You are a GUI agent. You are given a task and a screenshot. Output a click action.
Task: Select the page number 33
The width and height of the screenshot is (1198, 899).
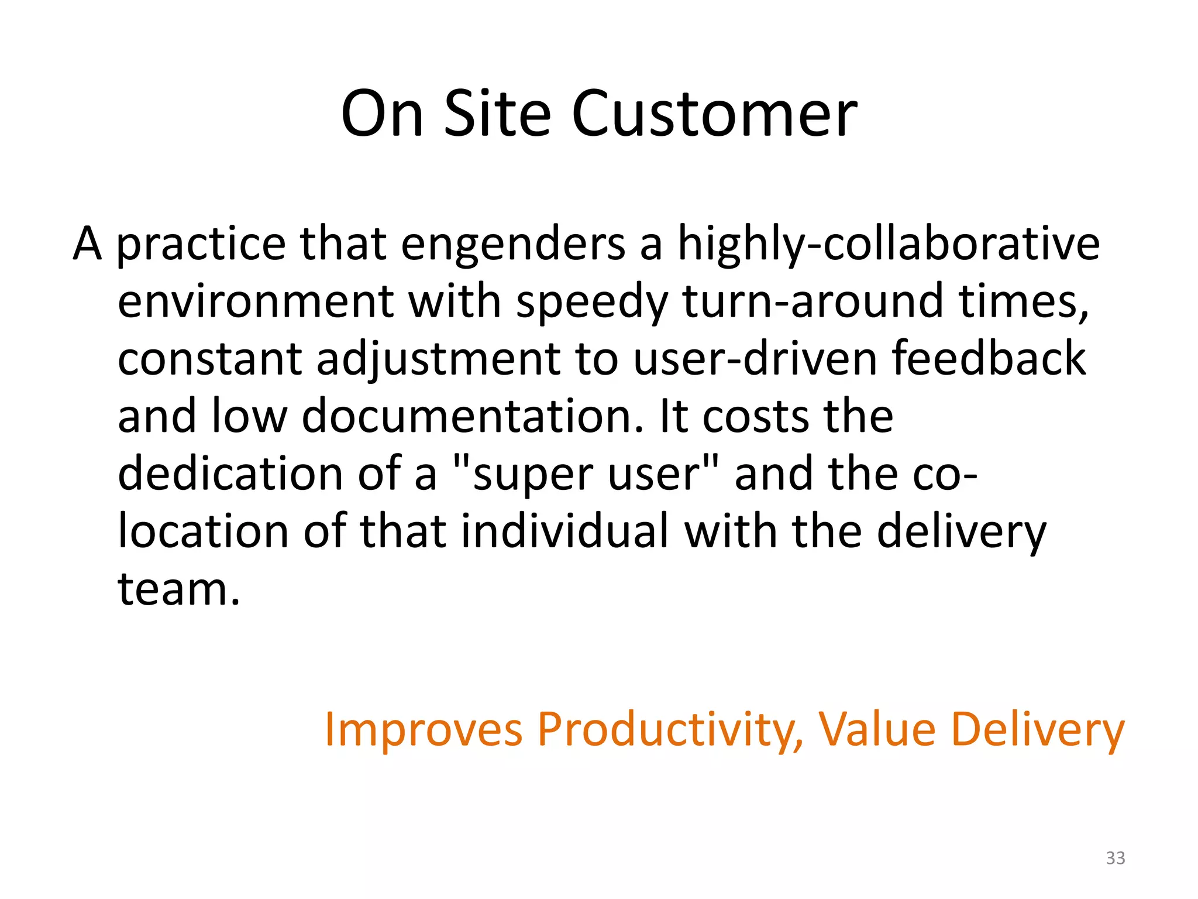(1115, 858)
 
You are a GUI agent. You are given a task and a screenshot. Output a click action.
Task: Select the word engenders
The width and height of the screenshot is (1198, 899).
(512, 245)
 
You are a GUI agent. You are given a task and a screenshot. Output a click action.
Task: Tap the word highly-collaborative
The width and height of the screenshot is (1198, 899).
(888, 245)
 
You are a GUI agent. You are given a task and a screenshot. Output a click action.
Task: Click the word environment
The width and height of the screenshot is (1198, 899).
(256, 302)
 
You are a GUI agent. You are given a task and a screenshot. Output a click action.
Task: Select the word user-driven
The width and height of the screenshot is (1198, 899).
(755, 359)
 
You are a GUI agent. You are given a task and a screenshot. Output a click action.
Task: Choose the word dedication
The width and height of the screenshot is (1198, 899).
(230, 474)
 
